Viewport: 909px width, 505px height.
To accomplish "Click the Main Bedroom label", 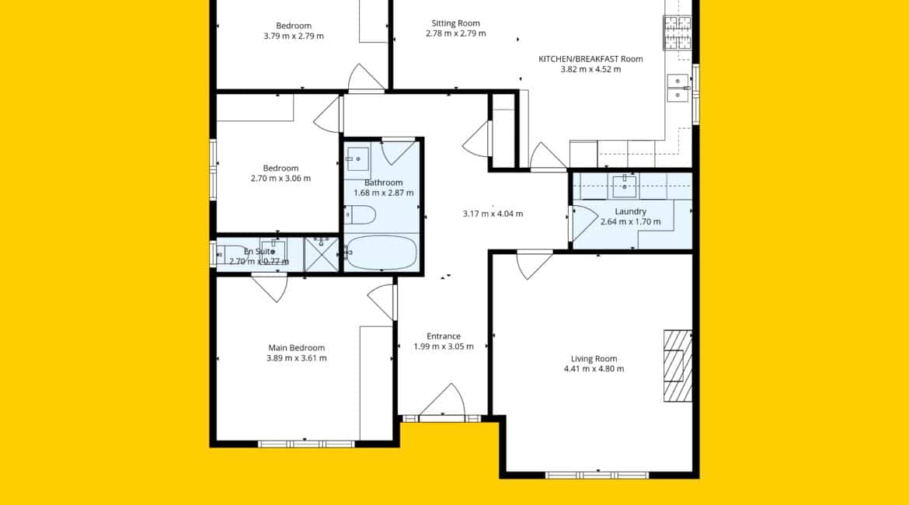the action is (x=296, y=348).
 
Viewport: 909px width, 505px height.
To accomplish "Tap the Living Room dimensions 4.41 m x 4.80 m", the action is (x=594, y=369).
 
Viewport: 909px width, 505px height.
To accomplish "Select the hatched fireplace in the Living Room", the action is (x=677, y=366).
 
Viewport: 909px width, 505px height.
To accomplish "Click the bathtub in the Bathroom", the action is (x=380, y=252).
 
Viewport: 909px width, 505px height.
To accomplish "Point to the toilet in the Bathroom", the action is (x=360, y=215).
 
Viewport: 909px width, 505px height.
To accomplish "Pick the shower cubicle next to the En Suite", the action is (x=321, y=254).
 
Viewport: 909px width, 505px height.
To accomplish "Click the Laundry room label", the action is (x=630, y=211).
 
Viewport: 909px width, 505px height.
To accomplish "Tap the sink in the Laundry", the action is (x=625, y=186).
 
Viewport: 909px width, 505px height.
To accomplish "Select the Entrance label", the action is (x=444, y=336).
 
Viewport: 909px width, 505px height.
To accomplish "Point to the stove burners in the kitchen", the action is (x=677, y=32).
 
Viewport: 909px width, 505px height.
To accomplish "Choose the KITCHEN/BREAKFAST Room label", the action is (x=590, y=59).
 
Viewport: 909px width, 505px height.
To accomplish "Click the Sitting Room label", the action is (x=455, y=24).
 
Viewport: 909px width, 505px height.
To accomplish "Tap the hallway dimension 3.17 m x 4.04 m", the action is (x=493, y=214).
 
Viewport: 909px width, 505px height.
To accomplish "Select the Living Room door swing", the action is (x=534, y=264).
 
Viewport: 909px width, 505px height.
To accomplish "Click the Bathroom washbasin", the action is (x=357, y=158).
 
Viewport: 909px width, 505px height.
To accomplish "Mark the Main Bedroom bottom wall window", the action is (x=306, y=444).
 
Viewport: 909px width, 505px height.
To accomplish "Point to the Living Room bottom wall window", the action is (x=597, y=475).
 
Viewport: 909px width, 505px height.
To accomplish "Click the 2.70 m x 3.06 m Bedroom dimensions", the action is (x=280, y=179).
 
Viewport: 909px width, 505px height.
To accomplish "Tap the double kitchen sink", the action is (x=677, y=88).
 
